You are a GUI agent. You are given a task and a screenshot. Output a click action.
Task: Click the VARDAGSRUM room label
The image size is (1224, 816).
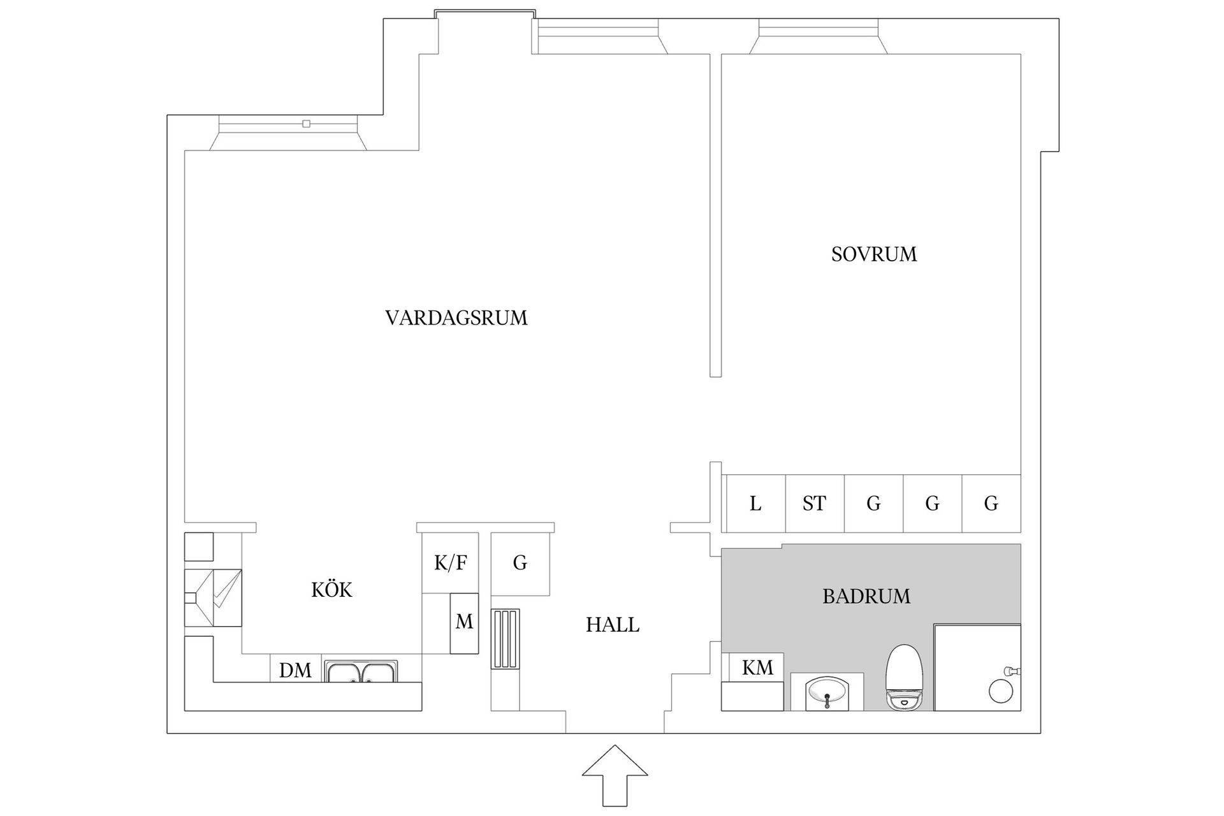coord(456,317)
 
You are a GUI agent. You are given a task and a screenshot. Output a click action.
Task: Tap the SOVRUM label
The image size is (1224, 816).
coord(873,254)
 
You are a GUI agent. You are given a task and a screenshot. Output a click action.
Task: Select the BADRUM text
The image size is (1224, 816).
coord(866,597)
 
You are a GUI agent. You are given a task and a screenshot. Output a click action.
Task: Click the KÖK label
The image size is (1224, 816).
coord(331,590)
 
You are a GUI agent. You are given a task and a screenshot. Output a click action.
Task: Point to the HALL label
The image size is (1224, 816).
coord(612,625)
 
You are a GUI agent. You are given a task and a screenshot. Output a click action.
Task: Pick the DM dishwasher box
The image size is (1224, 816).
coord(295,670)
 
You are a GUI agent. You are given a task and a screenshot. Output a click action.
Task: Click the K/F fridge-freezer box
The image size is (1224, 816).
coord(450,563)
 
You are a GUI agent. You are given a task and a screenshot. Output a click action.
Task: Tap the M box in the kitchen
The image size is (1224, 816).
coord(464,622)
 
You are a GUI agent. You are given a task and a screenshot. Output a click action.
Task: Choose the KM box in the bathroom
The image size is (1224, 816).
coord(757,667)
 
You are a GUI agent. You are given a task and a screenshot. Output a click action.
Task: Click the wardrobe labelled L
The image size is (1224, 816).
coord(755,504)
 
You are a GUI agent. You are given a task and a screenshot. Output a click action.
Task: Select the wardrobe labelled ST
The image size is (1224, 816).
coord(814,504)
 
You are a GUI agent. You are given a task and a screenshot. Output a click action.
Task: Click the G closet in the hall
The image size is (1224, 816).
coord(520,563)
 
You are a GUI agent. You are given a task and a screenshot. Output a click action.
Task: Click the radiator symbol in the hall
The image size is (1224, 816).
coord(505,639)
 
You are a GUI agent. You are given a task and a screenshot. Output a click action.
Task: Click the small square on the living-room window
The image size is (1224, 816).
coord(307,124)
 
